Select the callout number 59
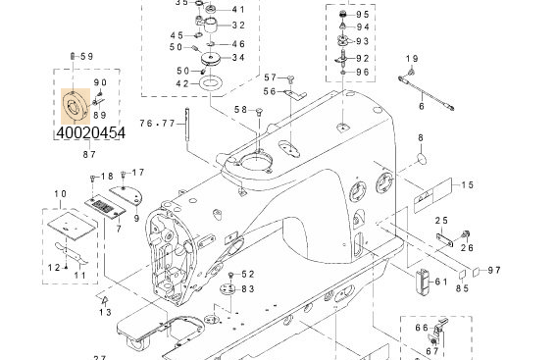point(86,56)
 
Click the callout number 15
point(468,184)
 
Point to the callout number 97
point(493,270)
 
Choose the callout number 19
point(411,59)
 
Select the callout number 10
point(61,194)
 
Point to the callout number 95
point(363,15)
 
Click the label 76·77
point(157,123)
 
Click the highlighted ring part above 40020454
point(72,103)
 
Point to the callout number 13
point(105,312)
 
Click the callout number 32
point(238,26)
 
